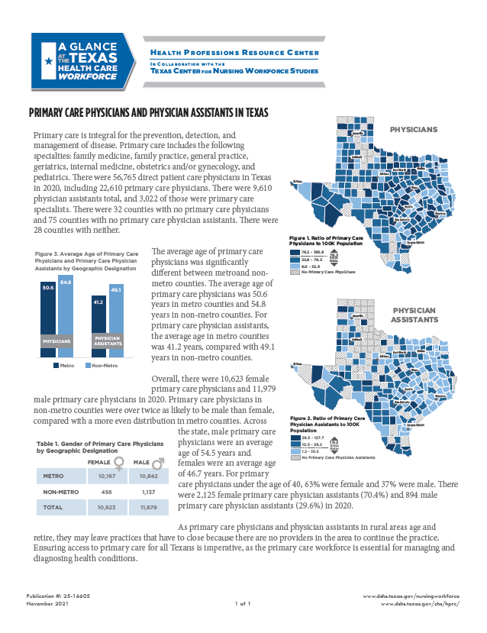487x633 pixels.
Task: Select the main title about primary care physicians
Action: (x=148, y=112)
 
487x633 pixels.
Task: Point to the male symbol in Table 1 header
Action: (x=160, y=461)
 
